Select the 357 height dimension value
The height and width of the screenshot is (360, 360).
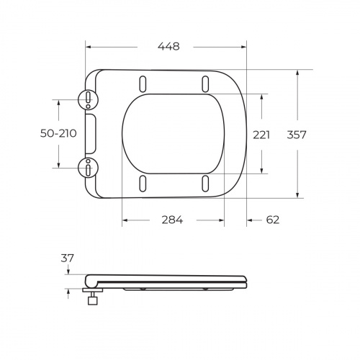coord(297,134)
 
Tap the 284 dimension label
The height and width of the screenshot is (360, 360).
coord(171,220)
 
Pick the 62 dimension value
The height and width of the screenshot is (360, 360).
coord(272,220)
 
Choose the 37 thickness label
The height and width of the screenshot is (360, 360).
coord(68,257)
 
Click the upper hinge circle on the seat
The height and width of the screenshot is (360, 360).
coord(87,99)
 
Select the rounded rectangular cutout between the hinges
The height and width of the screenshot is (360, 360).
coord(90,134)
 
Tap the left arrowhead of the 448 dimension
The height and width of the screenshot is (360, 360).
coord(88,48)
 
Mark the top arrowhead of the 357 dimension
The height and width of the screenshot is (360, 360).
coord(297,72)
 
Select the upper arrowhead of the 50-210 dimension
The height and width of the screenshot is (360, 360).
coord(57,101)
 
